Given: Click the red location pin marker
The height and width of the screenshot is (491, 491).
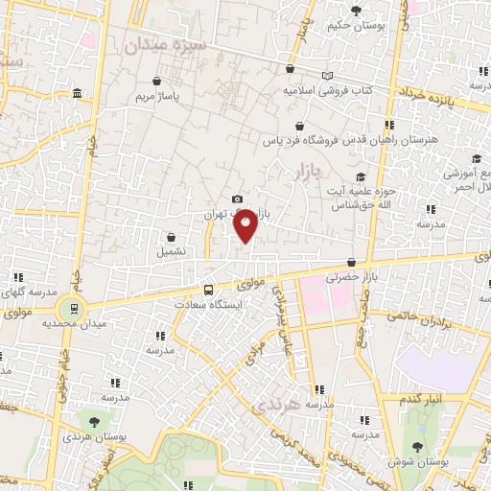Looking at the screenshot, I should [246, 225].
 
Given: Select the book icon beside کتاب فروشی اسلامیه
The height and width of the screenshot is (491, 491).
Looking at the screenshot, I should [328, 76].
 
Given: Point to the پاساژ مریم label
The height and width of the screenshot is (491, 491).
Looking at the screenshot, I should [157, 97].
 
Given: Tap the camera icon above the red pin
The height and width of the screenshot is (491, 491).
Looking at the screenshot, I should [237, 199].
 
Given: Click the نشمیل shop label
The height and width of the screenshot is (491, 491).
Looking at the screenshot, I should [173, 252].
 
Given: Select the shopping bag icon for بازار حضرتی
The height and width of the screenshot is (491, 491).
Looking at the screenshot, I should [352, 262].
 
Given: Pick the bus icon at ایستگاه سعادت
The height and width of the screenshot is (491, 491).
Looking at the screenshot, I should [208, 289].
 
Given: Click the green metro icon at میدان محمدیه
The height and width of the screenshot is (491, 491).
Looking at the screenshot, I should [70, 308].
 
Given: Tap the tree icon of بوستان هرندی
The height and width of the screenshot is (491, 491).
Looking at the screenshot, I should [93, 421].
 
